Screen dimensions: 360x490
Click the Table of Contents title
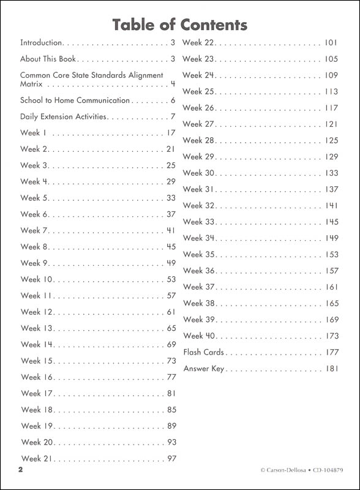coord(180,24)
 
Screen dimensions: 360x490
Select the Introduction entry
coord(42,43)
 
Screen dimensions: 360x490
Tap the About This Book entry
coord(48,59)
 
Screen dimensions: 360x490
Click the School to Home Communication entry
coord(75,100)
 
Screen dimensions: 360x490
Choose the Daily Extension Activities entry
coord(64,116)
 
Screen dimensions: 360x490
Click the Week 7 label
coord(34,231)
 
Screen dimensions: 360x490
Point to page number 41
coord(171,231)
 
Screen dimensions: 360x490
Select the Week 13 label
coord(37,328)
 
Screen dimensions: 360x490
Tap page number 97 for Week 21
coord(171,458)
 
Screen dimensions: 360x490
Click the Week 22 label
coord(198,43)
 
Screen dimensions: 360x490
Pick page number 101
coord(331,43)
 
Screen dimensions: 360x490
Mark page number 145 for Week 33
coord(331,222)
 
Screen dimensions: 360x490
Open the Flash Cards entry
coord(204,352)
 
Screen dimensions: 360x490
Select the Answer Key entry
coord(204,369)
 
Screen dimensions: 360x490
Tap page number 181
coord(331,369)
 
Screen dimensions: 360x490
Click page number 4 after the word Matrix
coord(173,84)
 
